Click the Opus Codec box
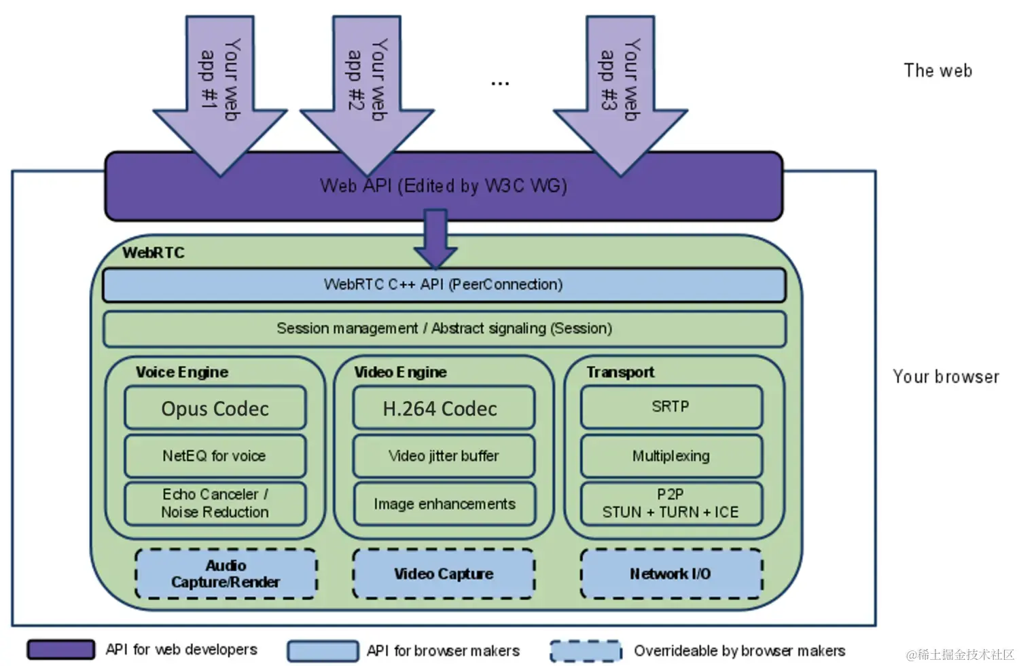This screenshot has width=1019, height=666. pos(215,407)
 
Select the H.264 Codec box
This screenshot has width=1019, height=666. pos(444,407)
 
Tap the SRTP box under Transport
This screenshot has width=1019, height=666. pos(671,407)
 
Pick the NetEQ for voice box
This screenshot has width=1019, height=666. pos(215,456)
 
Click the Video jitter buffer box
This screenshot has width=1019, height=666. pos(444,456)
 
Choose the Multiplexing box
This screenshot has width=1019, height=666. pos(671,456)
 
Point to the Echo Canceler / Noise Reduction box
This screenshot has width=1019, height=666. pos(215,504)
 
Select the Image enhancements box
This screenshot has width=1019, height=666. pos(444,504)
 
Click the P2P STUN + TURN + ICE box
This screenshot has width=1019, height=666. pos(671,504)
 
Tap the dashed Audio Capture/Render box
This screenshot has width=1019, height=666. pos(226,574)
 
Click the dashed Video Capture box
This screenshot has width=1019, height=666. pos(444,574)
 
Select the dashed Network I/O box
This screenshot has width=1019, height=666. pos(671,574)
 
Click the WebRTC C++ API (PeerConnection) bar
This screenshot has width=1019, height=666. pos(444,285)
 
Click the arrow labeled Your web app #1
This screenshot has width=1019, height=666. pos(220,96)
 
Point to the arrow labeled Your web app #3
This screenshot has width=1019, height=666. pos(620,96)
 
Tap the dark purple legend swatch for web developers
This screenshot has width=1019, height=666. pos(61,649)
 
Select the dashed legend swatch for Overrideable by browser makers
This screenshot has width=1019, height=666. pos(586,650)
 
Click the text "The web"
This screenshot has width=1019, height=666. pos(937,71)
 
